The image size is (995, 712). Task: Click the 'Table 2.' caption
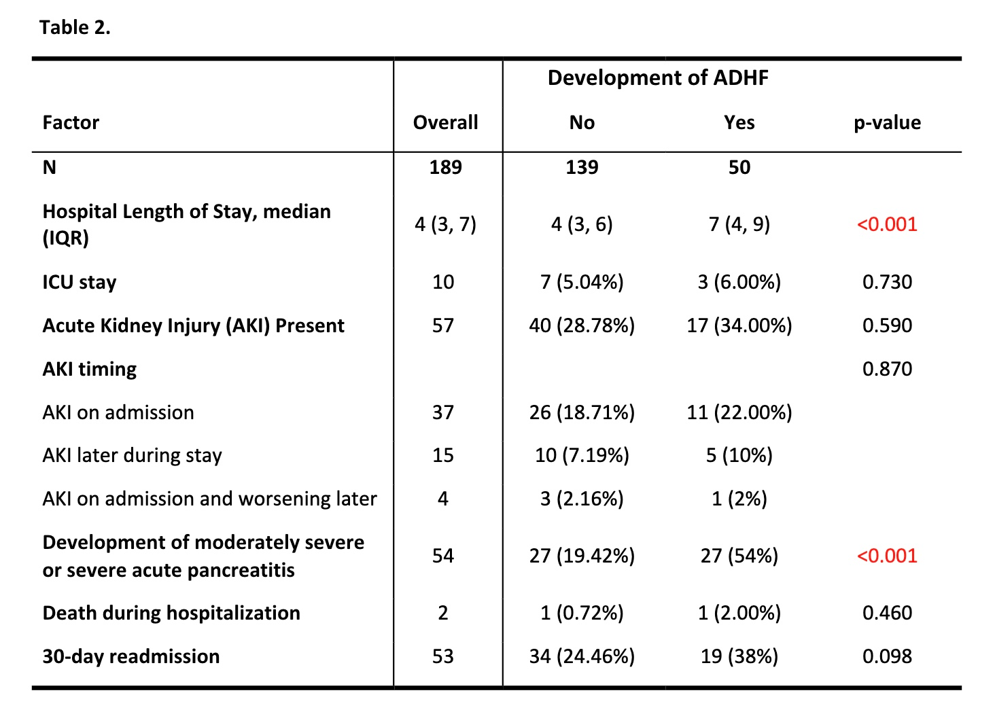pos(75,28)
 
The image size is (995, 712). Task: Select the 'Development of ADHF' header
pos(658,77)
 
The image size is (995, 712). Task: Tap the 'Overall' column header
pos(446,122)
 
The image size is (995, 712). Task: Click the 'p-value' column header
pos(887,122)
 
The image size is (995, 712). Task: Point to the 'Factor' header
pos(71,122)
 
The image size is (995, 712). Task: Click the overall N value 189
pos(446,167)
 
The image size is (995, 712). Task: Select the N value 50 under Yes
pos(739,167)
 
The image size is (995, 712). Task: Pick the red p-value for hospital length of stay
pos(887,224)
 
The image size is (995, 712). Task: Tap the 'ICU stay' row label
pos(80,282)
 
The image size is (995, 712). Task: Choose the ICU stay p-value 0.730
pos(887,282)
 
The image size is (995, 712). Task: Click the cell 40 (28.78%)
pos(582,325)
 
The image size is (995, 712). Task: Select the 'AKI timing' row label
pos(89,369)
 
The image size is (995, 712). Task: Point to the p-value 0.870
pos(887,369)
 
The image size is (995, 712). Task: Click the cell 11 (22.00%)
pos(739,412)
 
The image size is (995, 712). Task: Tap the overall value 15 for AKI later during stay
pos(443,455)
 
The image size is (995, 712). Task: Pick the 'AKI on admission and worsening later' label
pos(209,499)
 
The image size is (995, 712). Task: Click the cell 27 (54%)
pos(739,556)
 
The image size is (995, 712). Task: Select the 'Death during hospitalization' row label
pos(171,613)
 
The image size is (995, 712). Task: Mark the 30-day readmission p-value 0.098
pos(887,656)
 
